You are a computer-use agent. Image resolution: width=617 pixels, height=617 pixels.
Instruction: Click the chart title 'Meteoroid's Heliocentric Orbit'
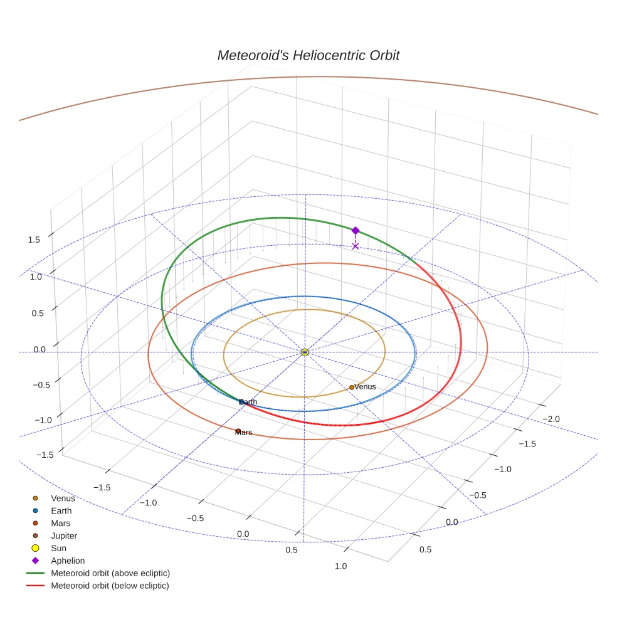[308, 55]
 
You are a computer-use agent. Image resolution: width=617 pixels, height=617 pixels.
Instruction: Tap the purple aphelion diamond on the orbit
[356, 231]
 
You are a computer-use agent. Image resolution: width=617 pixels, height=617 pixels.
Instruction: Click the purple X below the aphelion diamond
[356, 246]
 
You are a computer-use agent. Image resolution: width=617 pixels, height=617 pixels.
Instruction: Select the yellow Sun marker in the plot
[305, 352]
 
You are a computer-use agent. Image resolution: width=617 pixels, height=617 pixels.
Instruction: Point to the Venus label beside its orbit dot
[366, 387]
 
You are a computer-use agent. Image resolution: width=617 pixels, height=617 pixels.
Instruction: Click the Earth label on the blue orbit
[249, 402]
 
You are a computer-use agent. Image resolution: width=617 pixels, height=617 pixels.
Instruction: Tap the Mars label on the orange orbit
[244, 433]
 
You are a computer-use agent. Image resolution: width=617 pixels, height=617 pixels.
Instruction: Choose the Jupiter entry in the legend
[63, 535]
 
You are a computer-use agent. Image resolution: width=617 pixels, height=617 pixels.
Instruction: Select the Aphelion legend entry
[67, 561]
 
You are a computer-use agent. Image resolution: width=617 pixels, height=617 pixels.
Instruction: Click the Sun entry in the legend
[58, 548]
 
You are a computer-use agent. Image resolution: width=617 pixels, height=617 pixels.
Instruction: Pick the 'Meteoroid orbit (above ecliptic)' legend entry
[110, 573]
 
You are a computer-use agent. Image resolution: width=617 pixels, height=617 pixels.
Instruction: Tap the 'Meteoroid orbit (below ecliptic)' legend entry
[110, 586]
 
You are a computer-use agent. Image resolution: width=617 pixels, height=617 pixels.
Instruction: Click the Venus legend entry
[63, 498]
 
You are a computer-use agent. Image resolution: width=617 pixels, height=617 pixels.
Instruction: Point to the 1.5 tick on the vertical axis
[34, 240]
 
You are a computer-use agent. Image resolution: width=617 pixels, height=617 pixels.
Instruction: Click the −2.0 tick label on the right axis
[551, 419]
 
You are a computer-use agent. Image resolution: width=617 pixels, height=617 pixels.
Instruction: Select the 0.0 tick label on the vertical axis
[40, 349]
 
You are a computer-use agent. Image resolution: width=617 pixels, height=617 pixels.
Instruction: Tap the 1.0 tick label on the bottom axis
[341, 566]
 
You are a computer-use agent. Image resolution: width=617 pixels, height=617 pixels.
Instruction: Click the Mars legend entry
[60, 523]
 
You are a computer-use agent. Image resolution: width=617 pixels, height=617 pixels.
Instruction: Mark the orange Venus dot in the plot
[352, 388]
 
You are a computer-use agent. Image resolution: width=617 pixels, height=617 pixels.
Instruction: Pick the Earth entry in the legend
[61, 511]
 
